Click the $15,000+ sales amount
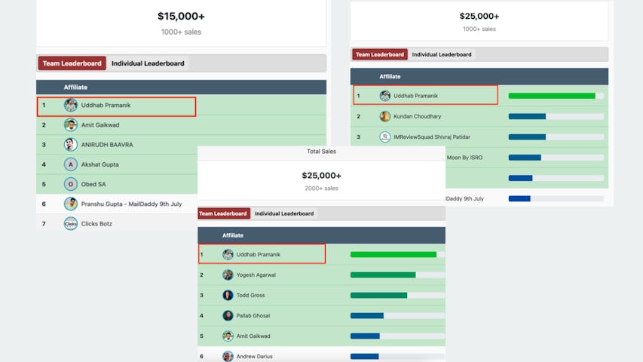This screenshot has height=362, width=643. point(181,16)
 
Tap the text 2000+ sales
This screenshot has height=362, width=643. point(321,188)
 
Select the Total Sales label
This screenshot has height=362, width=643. point(321,152)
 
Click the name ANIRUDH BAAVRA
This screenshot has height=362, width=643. point(108,145)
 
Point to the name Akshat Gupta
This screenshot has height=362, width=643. point(100,164)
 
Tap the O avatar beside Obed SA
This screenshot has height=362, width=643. point(71,184)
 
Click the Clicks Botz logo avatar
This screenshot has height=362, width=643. point(71,223)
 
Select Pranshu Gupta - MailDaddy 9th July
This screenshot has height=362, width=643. point(131,204)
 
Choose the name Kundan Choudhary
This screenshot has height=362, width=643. point(417,117)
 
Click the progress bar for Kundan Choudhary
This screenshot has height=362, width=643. point(527,117)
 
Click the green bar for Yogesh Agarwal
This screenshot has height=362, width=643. point(383,275)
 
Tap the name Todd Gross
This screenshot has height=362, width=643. point(250,296)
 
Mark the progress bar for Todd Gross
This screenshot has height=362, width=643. point(378,296)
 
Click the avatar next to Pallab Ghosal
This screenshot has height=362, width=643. point(228,316)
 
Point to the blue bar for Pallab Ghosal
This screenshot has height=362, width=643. point(367,316)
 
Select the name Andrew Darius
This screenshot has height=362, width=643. point(255,356)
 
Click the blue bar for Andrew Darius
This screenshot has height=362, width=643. point(364,356)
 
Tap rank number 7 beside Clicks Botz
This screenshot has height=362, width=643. point(44,224)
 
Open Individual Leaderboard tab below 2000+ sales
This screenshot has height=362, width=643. point(284,213)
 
